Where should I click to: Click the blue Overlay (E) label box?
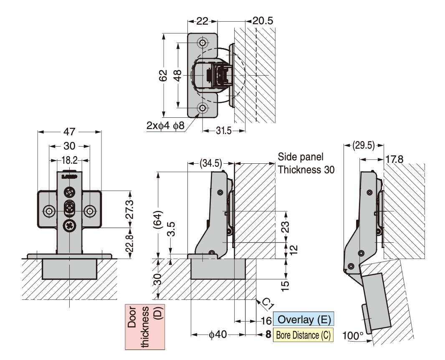click(x=303, y=320)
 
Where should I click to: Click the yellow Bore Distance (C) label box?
click(x=303, y=335)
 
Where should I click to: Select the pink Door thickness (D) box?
click(x=145, y=327)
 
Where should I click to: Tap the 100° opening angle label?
click(x=353, y=335)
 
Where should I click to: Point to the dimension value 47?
click(x=69, y=132)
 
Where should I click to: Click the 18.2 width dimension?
click(x=69, y=160)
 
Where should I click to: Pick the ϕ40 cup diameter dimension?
click(x=217, y=335)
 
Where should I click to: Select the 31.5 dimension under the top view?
click(x=223, y=131)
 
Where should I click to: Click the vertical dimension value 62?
click(x=164, y=75)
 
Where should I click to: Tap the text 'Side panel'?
click(x=301, y=157)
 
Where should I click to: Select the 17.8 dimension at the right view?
click(x=394, y=160)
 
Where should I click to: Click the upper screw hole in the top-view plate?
click(x=203, y=43)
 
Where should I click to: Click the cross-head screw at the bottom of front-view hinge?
click(x=69, y=226)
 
